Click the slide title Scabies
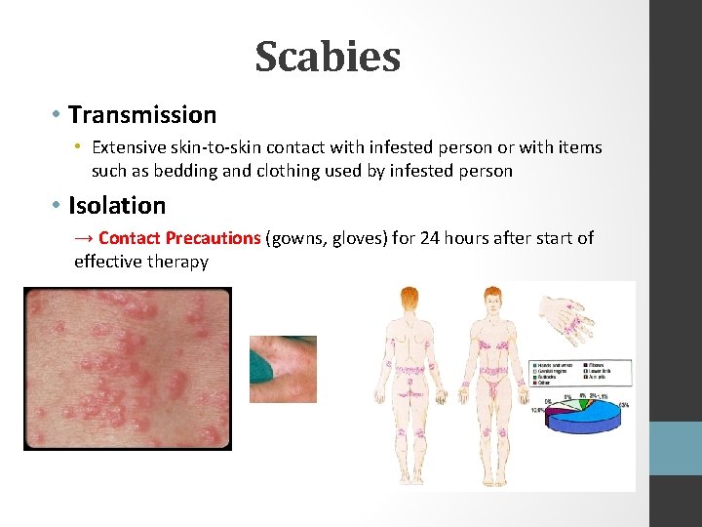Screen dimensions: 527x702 (328, 58)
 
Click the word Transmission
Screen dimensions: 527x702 (142, 115)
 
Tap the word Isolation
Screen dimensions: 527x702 (117, 206)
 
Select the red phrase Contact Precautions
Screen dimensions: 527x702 (179, 238)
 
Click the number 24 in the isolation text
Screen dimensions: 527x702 (430, 238)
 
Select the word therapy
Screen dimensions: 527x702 (177, 262)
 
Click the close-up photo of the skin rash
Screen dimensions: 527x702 (128, 368)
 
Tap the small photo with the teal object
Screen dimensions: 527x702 (283, 369)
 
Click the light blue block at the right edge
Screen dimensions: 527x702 (676, 448)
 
